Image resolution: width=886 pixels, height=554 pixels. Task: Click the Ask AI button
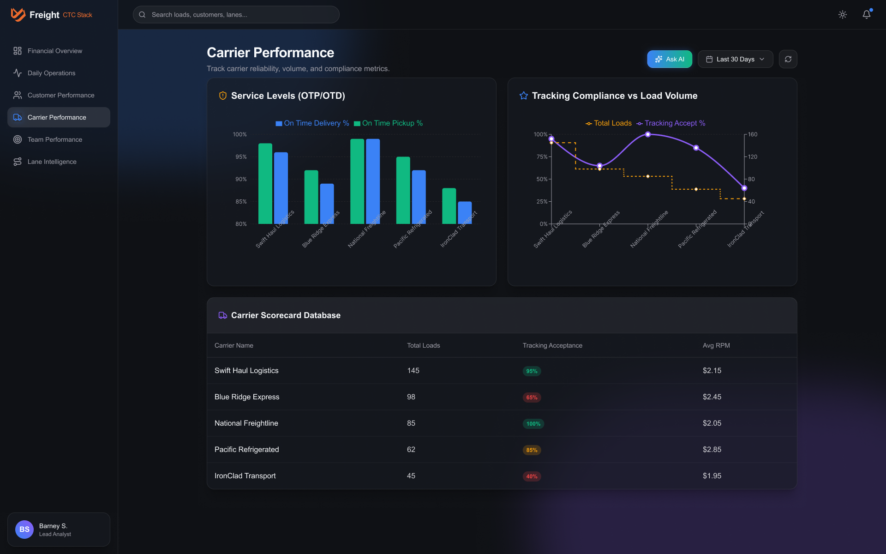click(x=669, y=59)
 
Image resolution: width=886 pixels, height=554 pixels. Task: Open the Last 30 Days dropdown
click(x=735, y=59)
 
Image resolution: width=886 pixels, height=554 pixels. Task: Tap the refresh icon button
click(x=788, y=59)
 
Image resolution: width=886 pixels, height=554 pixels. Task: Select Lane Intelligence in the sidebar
click(x=52, y=162)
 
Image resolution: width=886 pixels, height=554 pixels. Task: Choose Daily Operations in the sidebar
click(x=51, y=73)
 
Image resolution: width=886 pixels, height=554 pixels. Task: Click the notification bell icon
click(x=866, y=15)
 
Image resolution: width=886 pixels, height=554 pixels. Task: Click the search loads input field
click(x=236, y=15)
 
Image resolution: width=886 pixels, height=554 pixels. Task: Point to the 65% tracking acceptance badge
click(x=532, y=397)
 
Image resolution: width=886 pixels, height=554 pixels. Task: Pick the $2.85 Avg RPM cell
click(x=712, y=450)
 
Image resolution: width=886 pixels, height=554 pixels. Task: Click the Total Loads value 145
click(x=413, y=371)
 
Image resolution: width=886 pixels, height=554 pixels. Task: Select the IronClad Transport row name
click(x=245, y=476)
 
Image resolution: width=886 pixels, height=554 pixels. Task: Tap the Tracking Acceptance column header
click(x=552, y=345)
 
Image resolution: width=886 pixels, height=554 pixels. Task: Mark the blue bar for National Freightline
click(x=373, y=181)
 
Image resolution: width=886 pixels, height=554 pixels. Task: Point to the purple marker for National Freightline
click(x=648, y=134)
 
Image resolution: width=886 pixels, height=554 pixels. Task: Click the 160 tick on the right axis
click(x=753, y=134)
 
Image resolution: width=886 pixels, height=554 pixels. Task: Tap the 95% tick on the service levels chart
click(x=241, y=157)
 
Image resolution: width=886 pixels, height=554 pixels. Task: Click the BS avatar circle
click(x=24, y=530)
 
